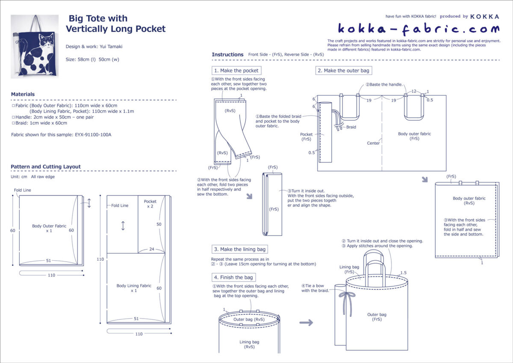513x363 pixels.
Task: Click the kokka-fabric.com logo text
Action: coord(419,29)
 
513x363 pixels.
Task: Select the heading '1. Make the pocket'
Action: coord(236,71)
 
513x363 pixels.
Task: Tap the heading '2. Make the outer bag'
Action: coord(343,71)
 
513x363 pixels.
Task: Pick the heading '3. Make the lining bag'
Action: coord(240,250)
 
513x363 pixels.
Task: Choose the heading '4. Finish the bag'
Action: coord(234,277)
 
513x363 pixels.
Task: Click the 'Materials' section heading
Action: coord(23,94)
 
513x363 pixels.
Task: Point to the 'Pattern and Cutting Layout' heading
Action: coord(46,167)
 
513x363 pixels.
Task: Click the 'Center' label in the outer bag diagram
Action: coord(373,143)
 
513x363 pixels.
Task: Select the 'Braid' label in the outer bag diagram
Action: coord(351,127)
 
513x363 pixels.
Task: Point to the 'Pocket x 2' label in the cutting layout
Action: coord(150,204)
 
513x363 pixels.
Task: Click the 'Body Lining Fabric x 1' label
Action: coord(134,288)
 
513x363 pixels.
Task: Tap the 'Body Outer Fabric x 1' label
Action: coord(49,228)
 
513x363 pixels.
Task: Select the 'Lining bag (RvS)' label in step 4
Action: coord(249,344)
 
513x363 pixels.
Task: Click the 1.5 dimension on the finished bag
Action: coord(403,273)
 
